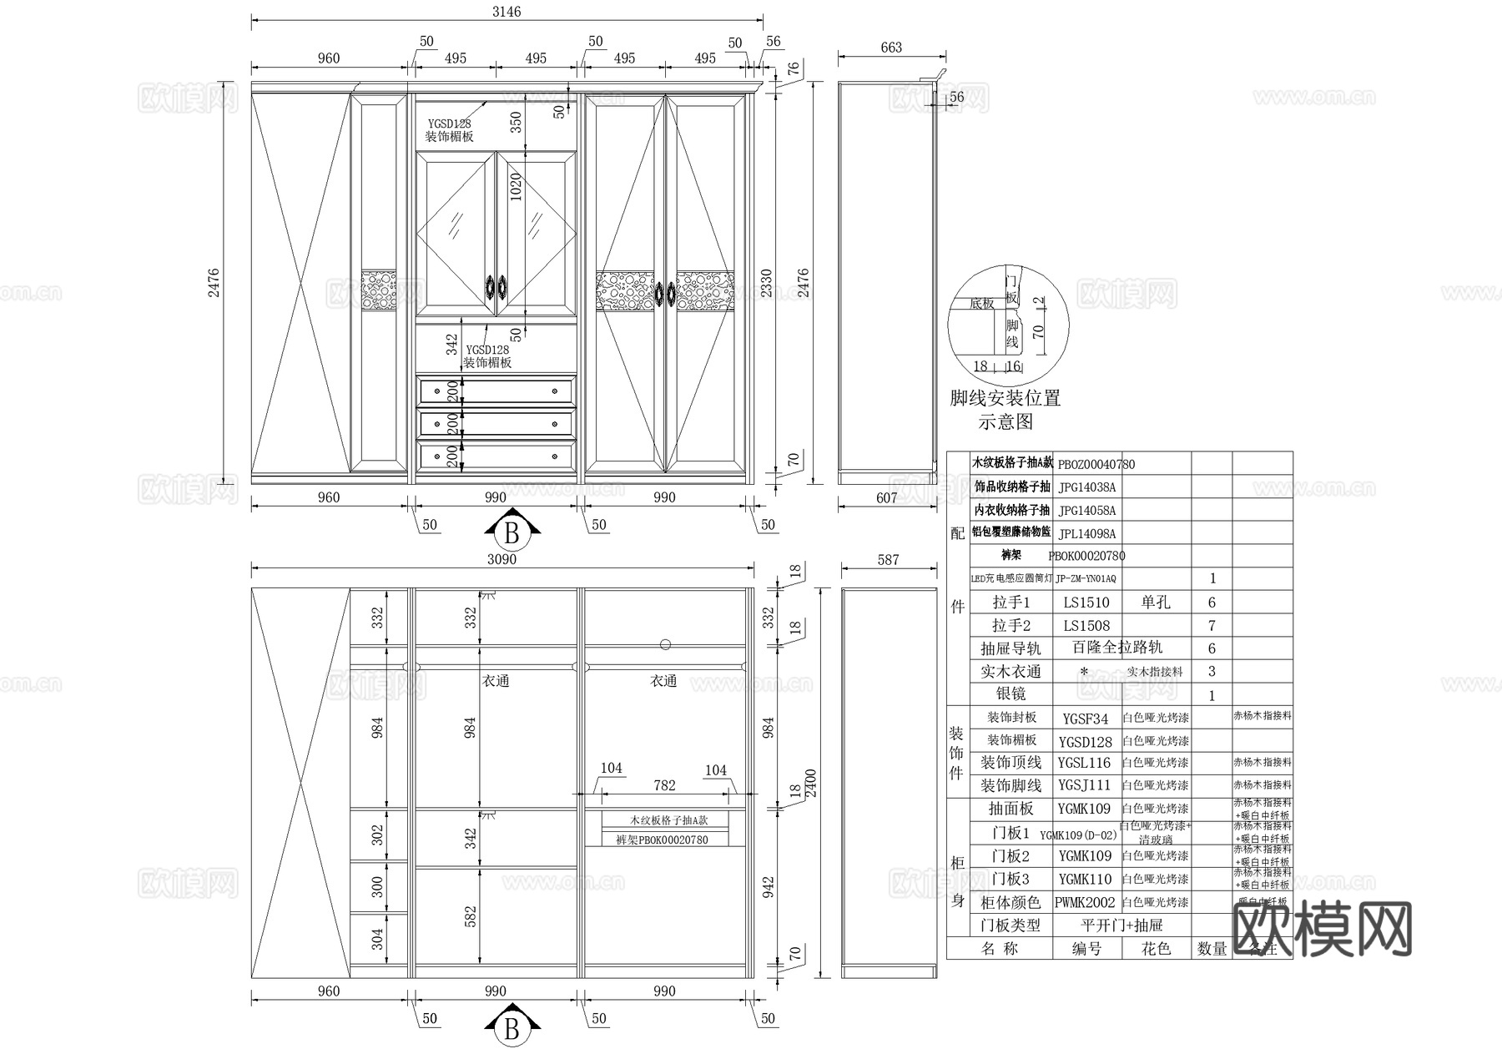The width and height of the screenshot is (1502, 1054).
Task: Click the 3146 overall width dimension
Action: pyautogui.click(x=507, y=12)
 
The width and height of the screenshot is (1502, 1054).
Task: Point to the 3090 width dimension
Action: pyautogui.click(x=502, y=559)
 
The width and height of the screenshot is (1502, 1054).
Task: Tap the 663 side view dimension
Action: pyautogui.click(x=891, y=48)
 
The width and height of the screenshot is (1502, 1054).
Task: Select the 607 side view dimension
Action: pyautogui.click(x=886, y=497)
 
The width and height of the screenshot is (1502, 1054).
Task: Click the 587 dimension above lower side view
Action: pyautogui.click(x=889, y=559)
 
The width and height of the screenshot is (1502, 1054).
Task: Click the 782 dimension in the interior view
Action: pyautogui.click(x=664, y=785)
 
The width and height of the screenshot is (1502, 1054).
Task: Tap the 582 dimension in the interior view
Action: pyautogui.click(x=471, y=916)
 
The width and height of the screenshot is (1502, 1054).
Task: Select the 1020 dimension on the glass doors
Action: pyautogui.click(x=516, y=187)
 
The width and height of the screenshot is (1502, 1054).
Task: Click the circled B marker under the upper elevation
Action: pyautogui.click(x=512, y=532)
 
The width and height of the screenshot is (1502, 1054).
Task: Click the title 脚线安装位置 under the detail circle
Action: pyautogui.click(x=1006, y=398)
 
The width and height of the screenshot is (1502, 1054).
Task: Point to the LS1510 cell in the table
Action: pyautogui.click(x=1086, y=603)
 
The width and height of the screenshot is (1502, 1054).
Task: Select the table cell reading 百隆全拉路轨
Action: pyautogui.click(x=1117, y=648)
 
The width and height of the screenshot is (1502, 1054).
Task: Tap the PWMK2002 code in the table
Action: pyautogui.click(x=1085, y=902)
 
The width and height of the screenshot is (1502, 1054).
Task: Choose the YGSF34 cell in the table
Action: pyautogui.click(x=1085, y=719)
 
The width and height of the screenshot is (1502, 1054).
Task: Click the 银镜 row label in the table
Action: pyautogui.click(x=1011, y=694)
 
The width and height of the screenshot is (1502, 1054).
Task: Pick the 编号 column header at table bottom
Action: pyautogui.click(x=1086, y=949)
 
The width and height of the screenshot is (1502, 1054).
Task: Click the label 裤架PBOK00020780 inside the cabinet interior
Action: pyautogui.click(x=662, y=840)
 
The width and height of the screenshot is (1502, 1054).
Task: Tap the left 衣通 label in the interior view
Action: pyautogui.click(x=496, y=681)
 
